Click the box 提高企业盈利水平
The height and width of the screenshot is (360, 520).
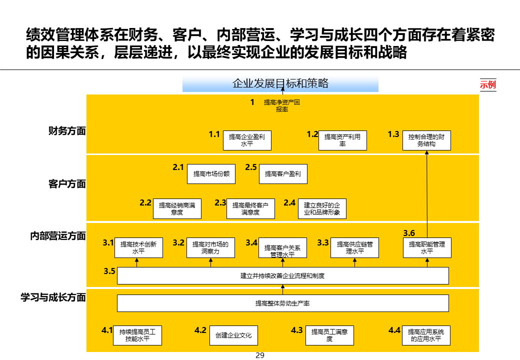(247, 140)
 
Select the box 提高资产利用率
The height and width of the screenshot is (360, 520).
(342, 140)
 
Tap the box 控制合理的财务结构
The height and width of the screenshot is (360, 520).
(426, 140)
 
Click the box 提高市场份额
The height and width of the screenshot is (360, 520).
(211, 174)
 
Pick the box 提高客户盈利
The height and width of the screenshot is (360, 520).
(283, 174)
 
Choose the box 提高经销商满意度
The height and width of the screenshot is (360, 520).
(177, 208)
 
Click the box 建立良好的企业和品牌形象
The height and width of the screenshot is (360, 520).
(322, 208)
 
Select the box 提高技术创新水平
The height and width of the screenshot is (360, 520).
(138, 248)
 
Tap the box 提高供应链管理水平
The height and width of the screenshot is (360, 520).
(354, 248)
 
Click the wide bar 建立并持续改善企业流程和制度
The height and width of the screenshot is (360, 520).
(282, 276)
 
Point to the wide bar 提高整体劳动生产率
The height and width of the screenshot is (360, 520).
(282, 303)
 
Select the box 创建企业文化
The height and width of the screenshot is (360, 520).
(234, 335)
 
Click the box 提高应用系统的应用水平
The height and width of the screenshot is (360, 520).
(426, 335)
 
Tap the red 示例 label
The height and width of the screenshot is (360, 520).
(487, 84)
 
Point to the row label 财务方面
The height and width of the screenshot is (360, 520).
(67, 131)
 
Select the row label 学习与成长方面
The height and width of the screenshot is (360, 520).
(53, 297)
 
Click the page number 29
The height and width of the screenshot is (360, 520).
(259, 355)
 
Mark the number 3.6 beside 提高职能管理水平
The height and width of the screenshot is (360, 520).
(409, 233)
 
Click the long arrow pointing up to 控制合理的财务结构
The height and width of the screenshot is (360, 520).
(427, 195)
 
